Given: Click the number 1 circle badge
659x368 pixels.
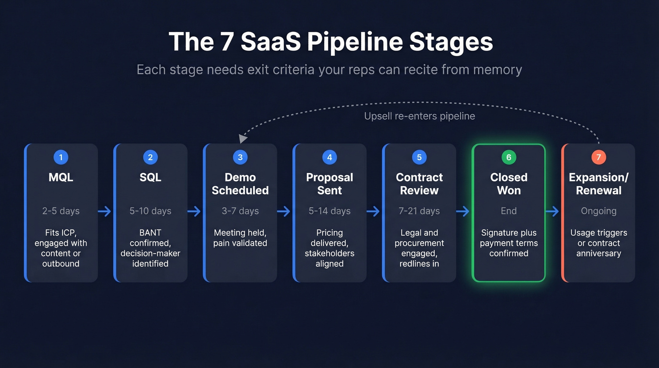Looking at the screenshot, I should [61, 157].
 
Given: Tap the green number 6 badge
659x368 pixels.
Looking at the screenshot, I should [508, 157].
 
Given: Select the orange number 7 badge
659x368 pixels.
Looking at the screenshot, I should [598, 157].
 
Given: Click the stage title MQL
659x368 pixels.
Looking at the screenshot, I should [61, 178].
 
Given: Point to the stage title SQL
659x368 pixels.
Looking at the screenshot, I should [150, 178].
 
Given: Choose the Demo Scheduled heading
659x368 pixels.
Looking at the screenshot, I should [240, 184].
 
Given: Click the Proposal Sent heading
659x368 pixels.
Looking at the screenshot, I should [329, 184].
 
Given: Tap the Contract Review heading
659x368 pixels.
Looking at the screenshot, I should [419, 184].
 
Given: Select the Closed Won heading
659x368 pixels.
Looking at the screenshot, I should [508, 184].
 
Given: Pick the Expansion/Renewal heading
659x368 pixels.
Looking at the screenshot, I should [598, 184].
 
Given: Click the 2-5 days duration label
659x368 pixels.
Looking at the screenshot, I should [61, 211].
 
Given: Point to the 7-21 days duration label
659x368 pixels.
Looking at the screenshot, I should [419, 211].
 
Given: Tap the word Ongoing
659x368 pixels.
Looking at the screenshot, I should [598, 211].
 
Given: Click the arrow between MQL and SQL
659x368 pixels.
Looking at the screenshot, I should [105, 212].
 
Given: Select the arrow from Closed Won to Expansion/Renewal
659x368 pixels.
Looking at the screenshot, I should [553, 212].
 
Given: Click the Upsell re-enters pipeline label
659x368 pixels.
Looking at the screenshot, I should [419, 116].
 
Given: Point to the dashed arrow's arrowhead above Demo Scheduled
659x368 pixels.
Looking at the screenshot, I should [242, 139].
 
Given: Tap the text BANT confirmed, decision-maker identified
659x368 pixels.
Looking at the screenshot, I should [150, 248].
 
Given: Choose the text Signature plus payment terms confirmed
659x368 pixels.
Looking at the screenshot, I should [508, 243].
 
